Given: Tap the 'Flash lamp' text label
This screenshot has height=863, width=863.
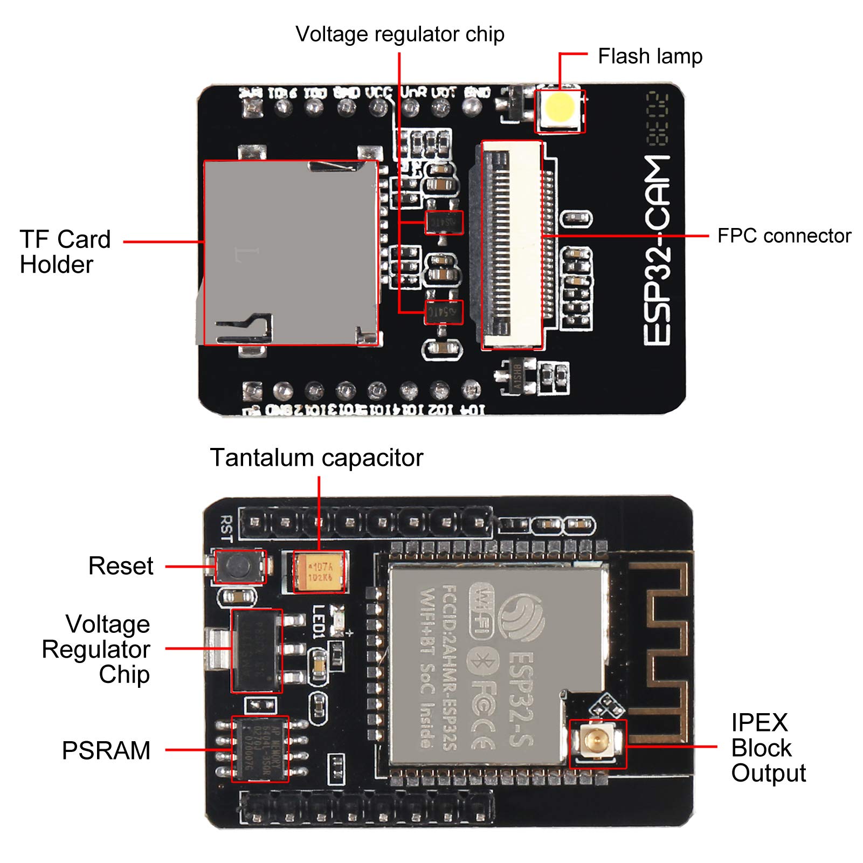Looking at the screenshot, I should pyautogui.click(x=650, y=56).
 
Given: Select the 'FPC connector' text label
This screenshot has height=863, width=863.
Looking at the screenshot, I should pyautogui.click(x=784, y=236).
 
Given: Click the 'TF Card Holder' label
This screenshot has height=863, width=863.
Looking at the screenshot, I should pyautogui.click(x=65, y=252).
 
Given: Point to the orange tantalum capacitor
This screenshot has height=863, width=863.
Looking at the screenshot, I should pyautogui.click(x=320, y=572).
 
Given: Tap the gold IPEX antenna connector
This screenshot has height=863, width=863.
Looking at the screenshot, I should pyautogui.click(x=597, y=743).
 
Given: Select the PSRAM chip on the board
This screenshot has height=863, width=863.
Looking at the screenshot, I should pyautogui.click(x=260, y=749).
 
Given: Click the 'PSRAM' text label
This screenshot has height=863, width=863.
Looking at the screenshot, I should pyautogui.click(x=106, y=750).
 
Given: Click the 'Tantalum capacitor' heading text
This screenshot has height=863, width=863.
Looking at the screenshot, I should pyautogui.click(x=316, y=458).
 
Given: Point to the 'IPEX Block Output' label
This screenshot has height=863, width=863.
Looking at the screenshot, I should pyautogui.click(x=768, y=748).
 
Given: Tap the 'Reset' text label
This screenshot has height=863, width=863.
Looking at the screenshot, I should pyautogui.click(x=121, y=566).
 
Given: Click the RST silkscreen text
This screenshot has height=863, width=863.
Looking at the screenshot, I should pyautogui.click(x=226, y=528).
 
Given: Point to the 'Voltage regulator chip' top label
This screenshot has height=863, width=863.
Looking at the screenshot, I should pyautogui.click(x=399, y=34).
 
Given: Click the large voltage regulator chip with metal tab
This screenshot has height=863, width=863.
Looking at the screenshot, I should pyautogui.click(x=256, y=650).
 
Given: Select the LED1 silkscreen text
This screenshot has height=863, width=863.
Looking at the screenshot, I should pyautogui.click(x=319, y=622).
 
